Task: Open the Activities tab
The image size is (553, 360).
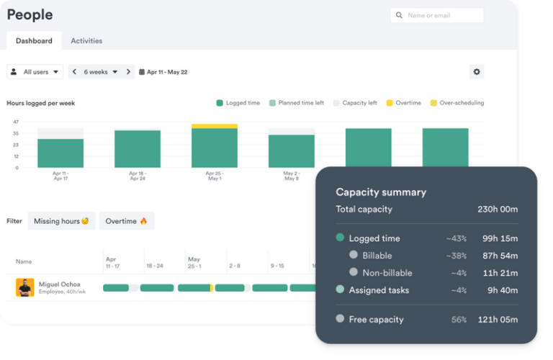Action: [86, 41]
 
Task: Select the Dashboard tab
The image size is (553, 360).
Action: [34, 41]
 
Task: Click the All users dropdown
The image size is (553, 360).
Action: [35, 72]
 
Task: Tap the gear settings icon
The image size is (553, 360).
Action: [476, 72]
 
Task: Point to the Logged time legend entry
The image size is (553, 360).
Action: [238, 103]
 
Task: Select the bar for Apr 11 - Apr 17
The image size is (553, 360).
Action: [60, 153]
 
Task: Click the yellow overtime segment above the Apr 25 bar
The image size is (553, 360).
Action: [215, 126]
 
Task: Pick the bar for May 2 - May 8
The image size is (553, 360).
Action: [292, 151]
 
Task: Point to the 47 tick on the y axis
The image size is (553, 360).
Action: [16, 122]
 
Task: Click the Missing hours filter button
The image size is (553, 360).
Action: [61, 221]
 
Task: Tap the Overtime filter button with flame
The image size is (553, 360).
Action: [126, 221]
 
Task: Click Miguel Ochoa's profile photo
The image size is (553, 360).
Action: [25, 287]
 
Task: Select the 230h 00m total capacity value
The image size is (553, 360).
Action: [498, 210]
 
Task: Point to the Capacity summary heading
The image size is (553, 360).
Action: [381, 192]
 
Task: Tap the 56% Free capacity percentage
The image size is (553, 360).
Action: [459, 320]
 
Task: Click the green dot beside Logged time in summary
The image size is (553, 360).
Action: [340, 238]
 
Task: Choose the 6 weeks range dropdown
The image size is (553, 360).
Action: [101, 72]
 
